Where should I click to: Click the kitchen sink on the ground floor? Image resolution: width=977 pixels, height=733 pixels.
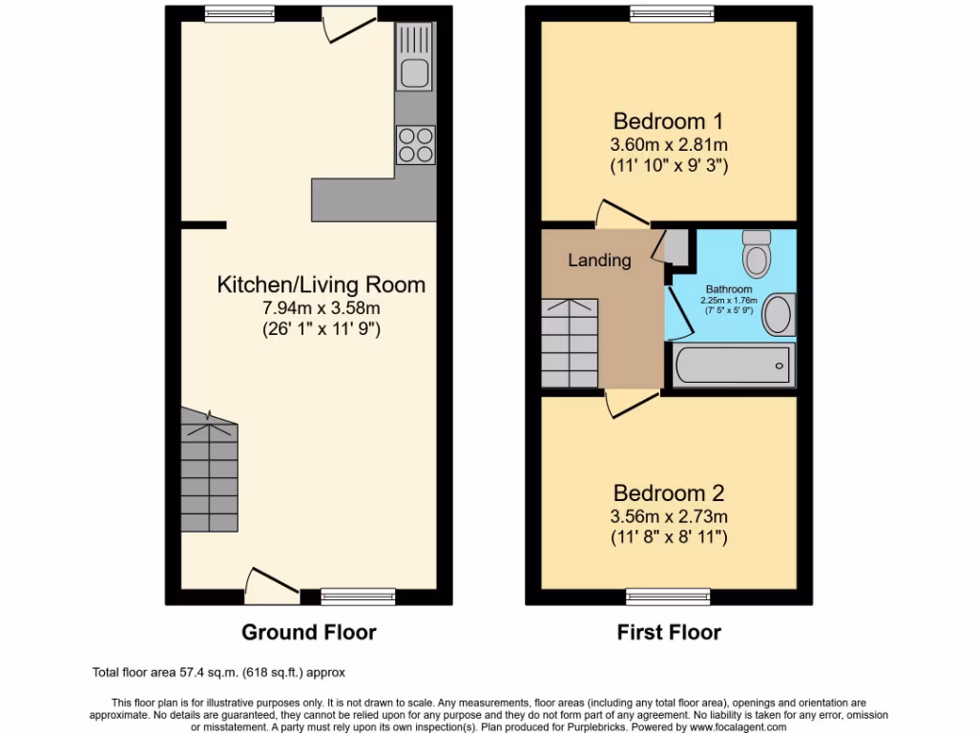(x=415, y=71)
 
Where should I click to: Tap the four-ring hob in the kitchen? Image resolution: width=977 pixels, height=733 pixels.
(x=415, y=145)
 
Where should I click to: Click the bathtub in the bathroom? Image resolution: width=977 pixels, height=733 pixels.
(x=733, y=366)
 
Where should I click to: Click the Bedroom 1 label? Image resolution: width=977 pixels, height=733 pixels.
(x=668, y=121)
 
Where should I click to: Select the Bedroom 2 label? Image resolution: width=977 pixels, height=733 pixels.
(x=668, y=493)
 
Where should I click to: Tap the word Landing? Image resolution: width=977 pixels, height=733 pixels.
(x=599, y=260)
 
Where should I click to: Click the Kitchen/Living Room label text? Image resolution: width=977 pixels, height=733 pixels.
(x=322, y=284)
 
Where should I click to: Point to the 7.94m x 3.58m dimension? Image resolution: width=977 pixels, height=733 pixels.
(x=322, y=307)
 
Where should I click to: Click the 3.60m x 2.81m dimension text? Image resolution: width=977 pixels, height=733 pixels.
(x=668, y=145)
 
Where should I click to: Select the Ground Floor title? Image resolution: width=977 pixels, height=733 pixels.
(x=308, y=632)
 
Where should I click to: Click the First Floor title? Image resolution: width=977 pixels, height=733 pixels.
(x=669, y=632)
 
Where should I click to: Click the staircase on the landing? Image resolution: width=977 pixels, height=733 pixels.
(x=570, y=343)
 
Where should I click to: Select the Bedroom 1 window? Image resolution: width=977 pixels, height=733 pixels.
(x=668, y=14)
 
